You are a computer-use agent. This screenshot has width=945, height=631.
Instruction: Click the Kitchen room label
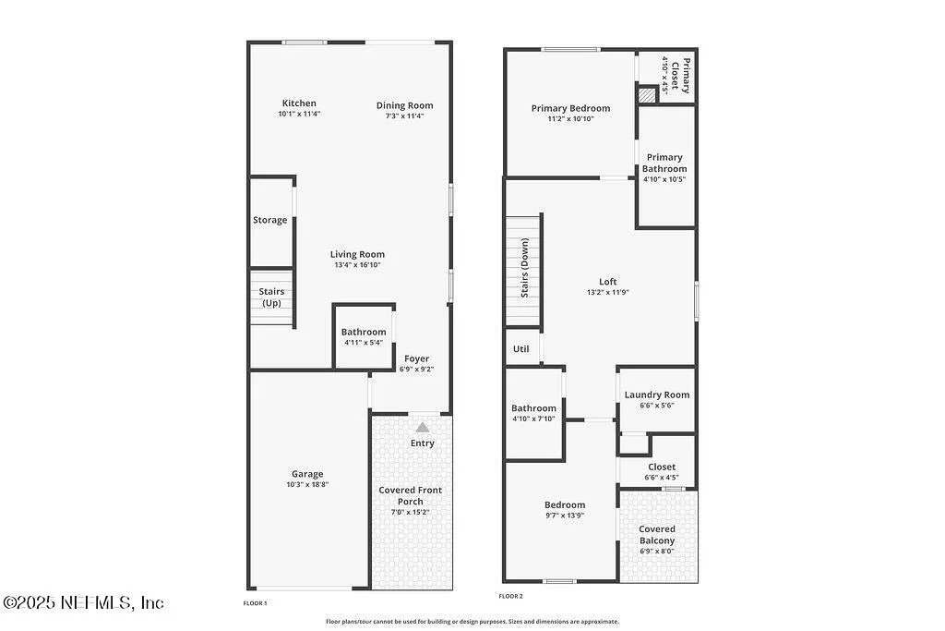coord(299,103)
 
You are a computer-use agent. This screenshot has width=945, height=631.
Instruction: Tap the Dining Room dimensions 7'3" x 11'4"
coord(404,115)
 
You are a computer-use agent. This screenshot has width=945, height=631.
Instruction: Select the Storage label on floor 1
coord(270,220)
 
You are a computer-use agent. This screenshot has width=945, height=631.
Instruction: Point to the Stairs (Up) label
coord(272,297)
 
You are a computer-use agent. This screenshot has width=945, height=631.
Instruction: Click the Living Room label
coord(357,255)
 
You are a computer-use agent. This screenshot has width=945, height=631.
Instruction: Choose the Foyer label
coord(416,358)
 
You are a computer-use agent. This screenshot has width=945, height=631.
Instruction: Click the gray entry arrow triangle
coord(423,427)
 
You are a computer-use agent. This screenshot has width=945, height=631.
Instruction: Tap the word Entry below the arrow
coord(423,443)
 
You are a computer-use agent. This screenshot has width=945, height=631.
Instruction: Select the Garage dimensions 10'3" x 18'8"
coord(307,484)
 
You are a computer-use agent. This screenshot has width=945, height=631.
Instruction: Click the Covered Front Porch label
coord(411,495)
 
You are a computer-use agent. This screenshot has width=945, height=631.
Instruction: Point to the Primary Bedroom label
coord(570,109)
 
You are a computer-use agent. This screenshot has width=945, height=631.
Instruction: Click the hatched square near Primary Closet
coord(647,95)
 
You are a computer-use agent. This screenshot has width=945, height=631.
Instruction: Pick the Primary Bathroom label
coord(664,163)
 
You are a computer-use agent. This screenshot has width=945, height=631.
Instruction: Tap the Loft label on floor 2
coord(608,282)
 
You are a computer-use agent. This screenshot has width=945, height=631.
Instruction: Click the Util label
coord(520,348)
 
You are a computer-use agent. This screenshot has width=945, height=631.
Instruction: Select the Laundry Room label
coord(657,394)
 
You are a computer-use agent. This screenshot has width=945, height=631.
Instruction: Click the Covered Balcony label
coord(657,535)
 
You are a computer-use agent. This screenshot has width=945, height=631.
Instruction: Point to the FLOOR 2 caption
coord(510,596)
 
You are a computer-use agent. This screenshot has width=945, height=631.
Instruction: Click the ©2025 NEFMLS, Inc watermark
coord(83,602)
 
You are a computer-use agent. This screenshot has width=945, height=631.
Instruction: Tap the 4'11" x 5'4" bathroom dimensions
coord(364,343)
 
